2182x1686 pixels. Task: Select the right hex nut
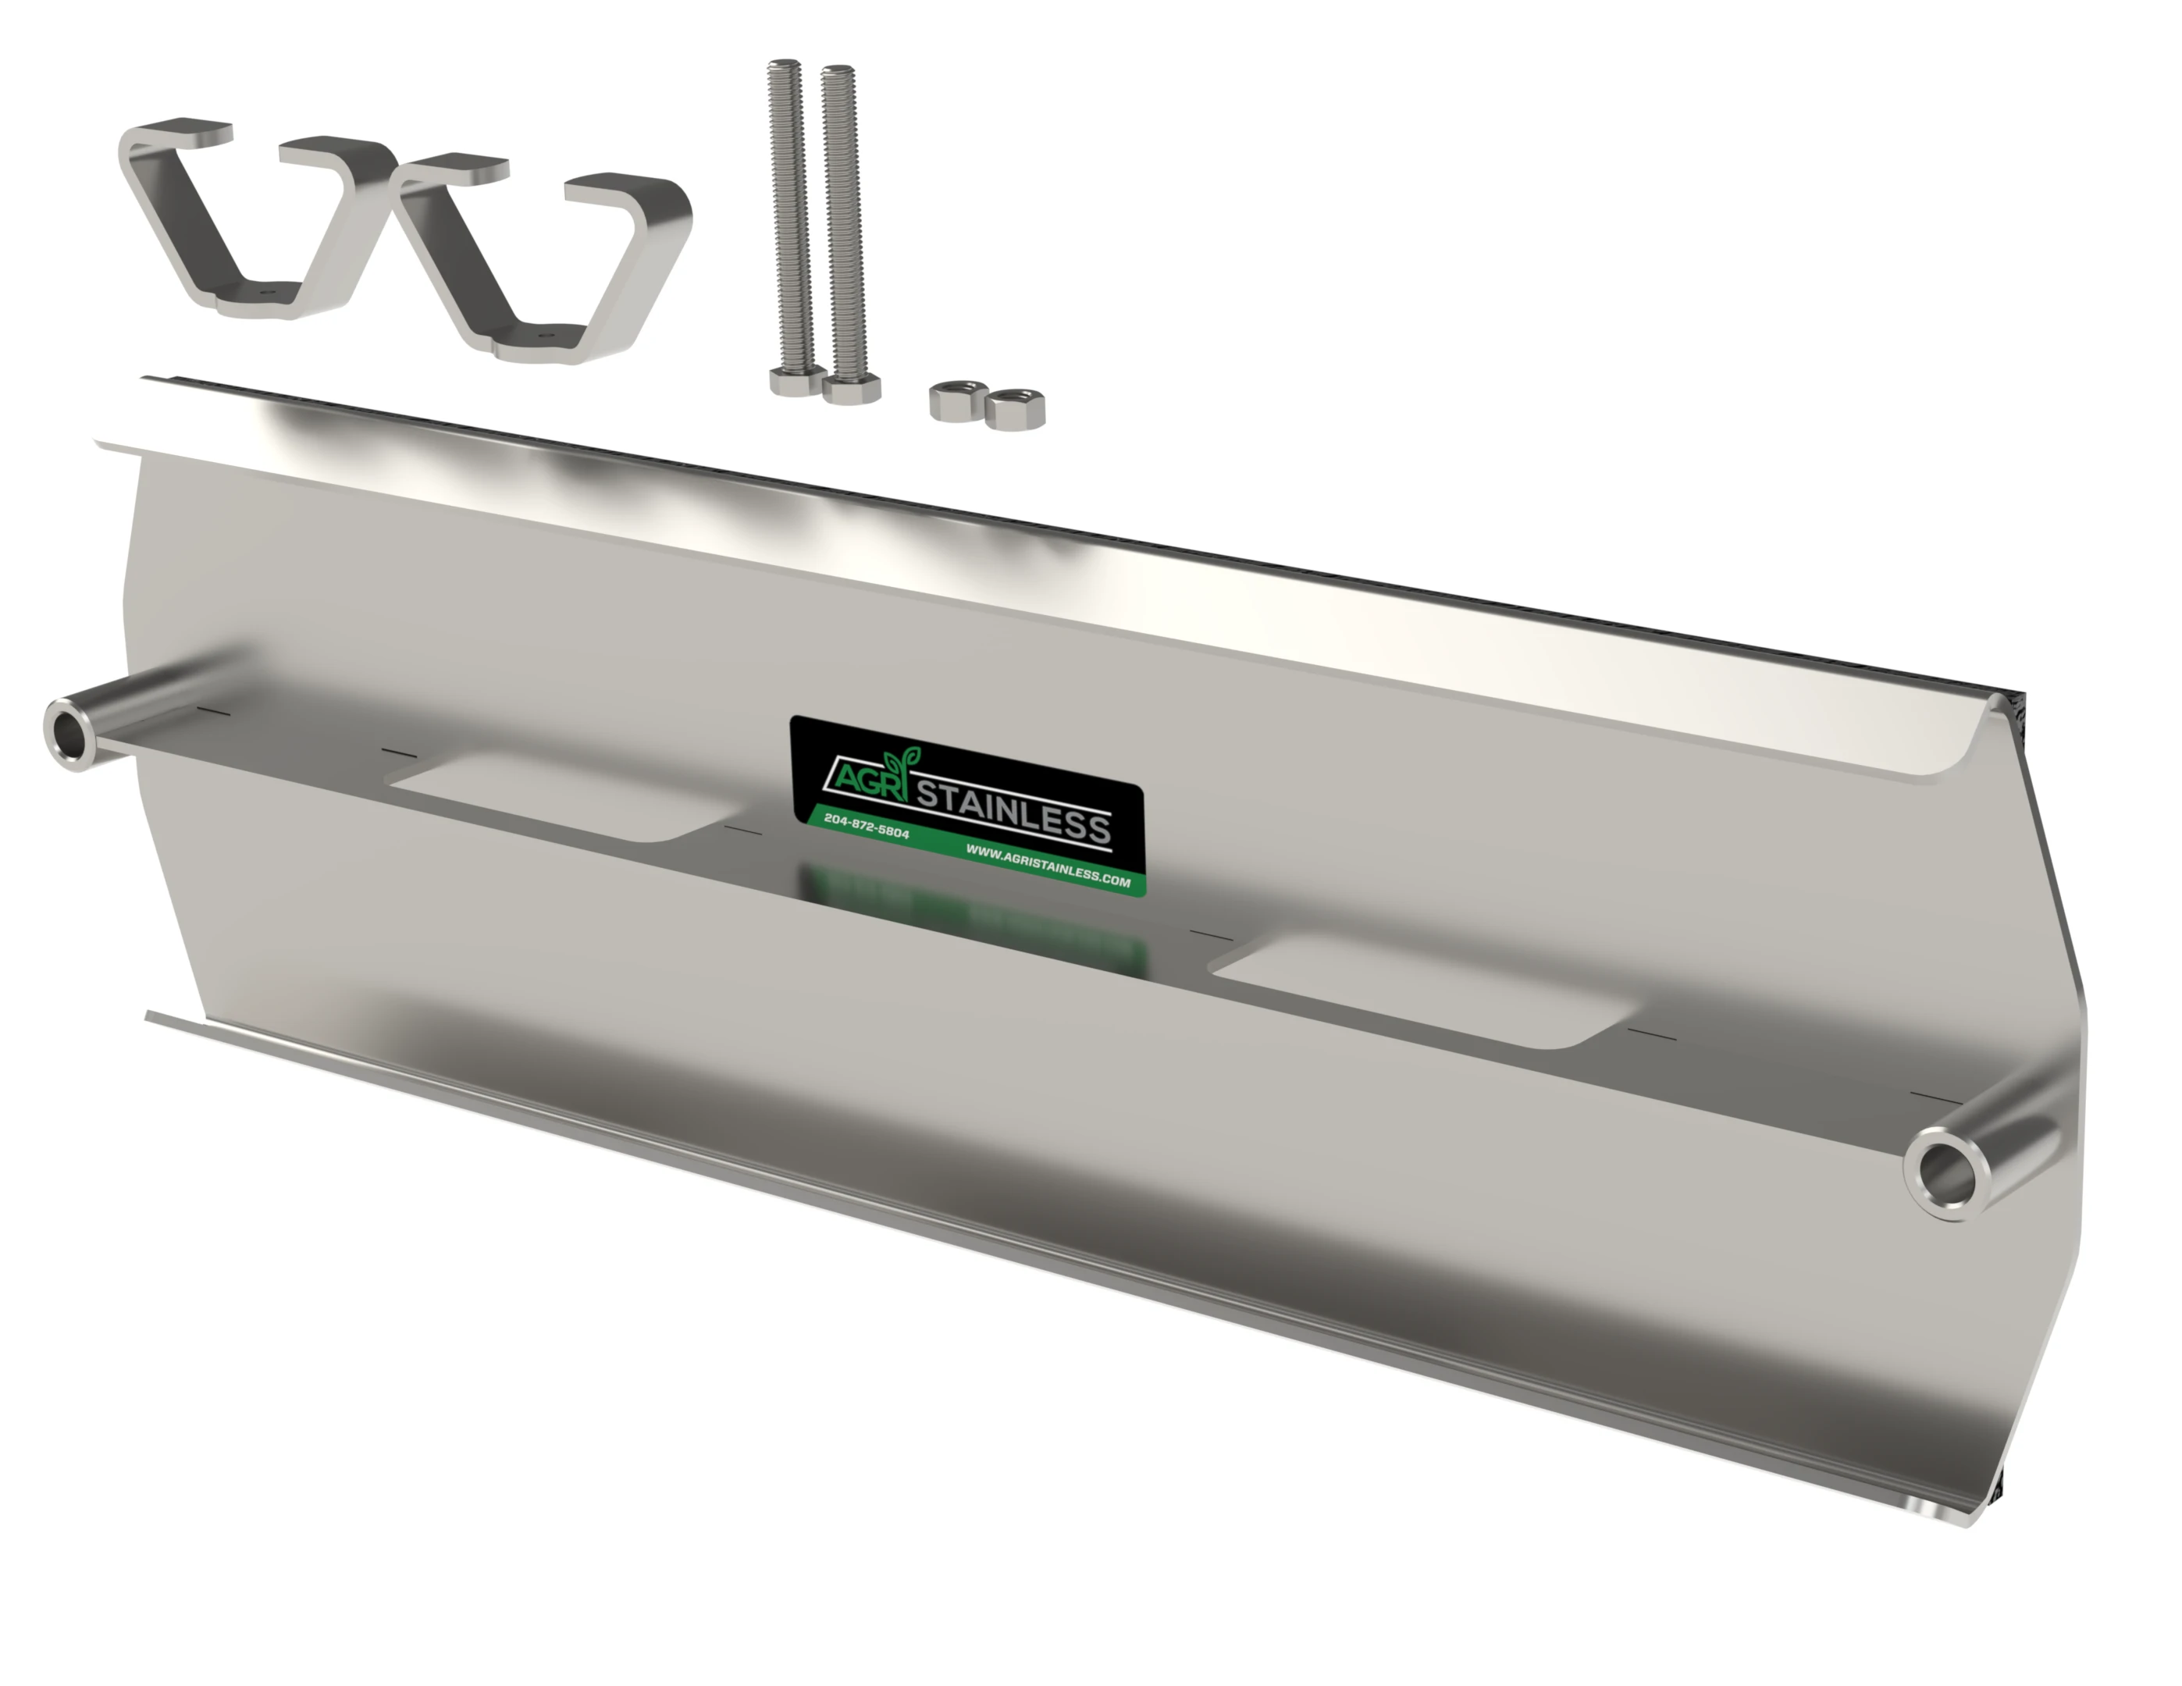click(x=1014, y=408)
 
